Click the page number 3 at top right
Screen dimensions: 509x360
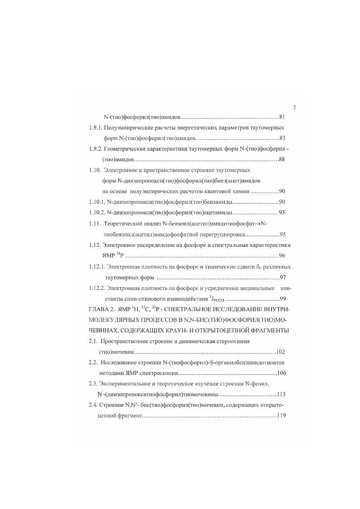tap(294, 107)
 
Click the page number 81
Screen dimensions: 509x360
tap(282, 117)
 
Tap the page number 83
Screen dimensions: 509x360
tap(282, 138)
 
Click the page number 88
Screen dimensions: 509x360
tap(282, 159)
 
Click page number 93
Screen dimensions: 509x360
tap(282, 212)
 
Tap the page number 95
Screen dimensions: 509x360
tap(282, 235)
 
